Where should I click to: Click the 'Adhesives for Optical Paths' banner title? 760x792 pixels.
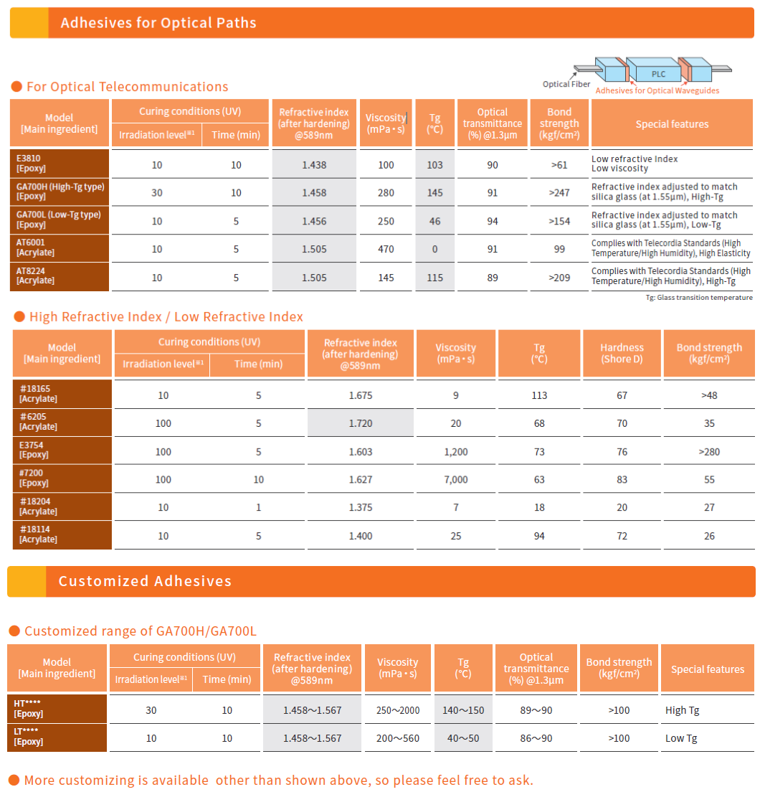[x=158, y=23]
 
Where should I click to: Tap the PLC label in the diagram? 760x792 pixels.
[x=658, y=74]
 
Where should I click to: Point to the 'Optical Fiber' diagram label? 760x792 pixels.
[x=566, y=84]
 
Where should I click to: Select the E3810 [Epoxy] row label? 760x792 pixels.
[x=32, y=163]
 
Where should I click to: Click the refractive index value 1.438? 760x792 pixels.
[x=314, y=165]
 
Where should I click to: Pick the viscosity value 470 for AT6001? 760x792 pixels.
[x=386, y=249]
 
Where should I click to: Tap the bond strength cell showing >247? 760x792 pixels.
[x=559, y=192]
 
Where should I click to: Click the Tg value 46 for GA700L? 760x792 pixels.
[x=434, y=221]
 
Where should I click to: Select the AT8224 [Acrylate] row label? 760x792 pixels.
[x=35, y=275]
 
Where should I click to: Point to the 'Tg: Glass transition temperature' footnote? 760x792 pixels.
[x=699, y=298]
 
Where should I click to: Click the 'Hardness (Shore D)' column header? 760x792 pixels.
[x=622, y=353]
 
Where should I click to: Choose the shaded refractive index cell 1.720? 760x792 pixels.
[x=361, y=423]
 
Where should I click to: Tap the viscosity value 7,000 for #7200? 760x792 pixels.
[x=456, y=479]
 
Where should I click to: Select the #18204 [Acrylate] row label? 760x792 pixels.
[x=38, y=506]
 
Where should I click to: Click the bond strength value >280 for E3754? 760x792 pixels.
[x=709, y=451]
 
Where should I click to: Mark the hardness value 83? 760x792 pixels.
[x=622, y=479]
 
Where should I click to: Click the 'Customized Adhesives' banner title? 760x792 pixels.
[x=146, y=581]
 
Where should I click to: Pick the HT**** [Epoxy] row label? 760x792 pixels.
[x=28, y=708]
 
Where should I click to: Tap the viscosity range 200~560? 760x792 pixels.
[x=398, y=738]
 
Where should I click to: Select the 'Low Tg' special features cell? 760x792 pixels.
[x=681, y=738]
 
